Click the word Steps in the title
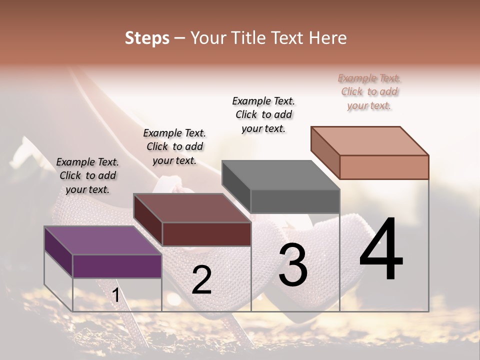(x=147, y=38)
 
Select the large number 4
(x=381, y=250)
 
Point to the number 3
(x=293, y=265)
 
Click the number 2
(x=201, y=280)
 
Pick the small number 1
(x=116, y=295)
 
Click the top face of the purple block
(x=103, y=240)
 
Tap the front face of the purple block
(x=117, y=266)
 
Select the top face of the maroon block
(x=192, y=208)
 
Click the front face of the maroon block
(x=206, y=234)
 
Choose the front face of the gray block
(x=295, y=201)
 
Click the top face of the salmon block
(x=369, y=140)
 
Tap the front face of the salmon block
(x=384, y=167)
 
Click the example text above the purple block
(x=87, y=175)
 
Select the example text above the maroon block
(x=174, y=146)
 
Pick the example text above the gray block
(x=263, y=114)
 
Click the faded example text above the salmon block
(x=369, y=91)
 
